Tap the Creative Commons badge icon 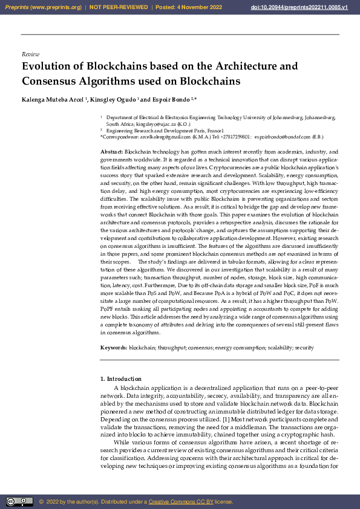pyautogui.click(x=19, y=502)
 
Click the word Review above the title pyautogui.click(x=30, y=54)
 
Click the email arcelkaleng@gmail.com pyautogui.click(x=156, y=137)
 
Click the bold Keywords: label pyautogui.click(x=114, y=348)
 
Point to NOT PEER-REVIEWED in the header pyautogui.click(x=119, y=7)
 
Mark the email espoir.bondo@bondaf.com pyautogui.click(x=281, y=137)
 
